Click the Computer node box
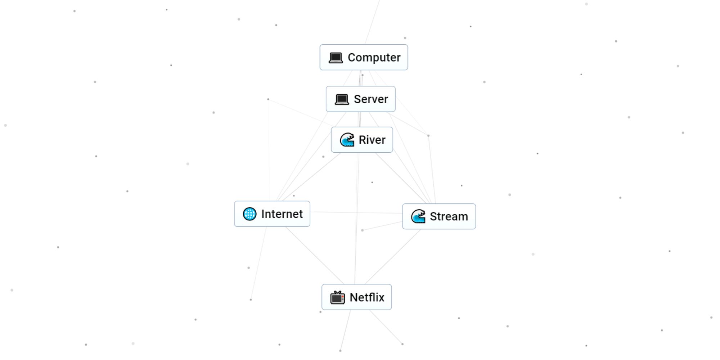point(364,57)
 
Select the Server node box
point(360,99)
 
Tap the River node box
point(362,140)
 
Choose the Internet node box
point(272,214)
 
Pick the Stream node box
point(439,216)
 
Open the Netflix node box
point(356,297)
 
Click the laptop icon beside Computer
point(336,58)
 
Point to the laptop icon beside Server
point(342,99)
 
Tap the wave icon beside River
point(347,140)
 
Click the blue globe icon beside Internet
point(249,214)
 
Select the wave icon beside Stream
point(418,216)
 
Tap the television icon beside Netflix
point(337,297)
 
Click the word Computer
point(374,57)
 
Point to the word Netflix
point(367,297)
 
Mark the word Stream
point(449,216)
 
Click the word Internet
point(282,214)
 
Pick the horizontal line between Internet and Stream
point(356,212)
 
